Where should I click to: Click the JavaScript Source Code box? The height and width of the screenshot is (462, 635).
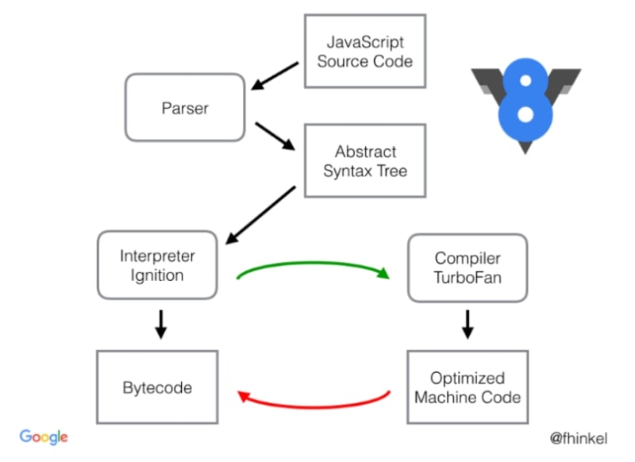(x=365, y=51)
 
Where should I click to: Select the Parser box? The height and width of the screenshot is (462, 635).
(x=184, y=108)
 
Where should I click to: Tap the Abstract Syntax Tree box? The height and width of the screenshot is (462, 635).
(x=365, y=161)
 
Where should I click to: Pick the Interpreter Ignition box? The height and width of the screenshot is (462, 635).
(x=157, y=265)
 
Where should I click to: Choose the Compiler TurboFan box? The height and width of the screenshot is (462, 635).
(x=468, y=268)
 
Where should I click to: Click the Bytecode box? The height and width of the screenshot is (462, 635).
(x=157, y=387)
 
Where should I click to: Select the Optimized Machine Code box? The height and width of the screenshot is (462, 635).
(x=468, y=387)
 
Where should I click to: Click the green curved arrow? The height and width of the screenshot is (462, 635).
(x=314, y=264)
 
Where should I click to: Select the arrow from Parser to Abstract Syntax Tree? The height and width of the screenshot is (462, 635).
(x=275, y=137)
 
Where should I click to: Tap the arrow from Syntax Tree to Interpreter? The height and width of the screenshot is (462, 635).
(x=261, y=215)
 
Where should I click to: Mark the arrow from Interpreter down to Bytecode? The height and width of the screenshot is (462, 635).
(x=160, y=323)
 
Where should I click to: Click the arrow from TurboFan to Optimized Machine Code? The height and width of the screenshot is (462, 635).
(x=468, y=323)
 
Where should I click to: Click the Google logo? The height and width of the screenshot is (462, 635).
(x=44, y=437)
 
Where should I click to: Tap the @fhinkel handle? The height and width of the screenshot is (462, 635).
(x=582, y=437)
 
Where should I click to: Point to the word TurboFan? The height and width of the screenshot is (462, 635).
(x=468, y=278)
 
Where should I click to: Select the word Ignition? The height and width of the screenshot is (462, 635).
(x=157, y=275)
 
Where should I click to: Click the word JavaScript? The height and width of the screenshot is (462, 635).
(x=365, y=41)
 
